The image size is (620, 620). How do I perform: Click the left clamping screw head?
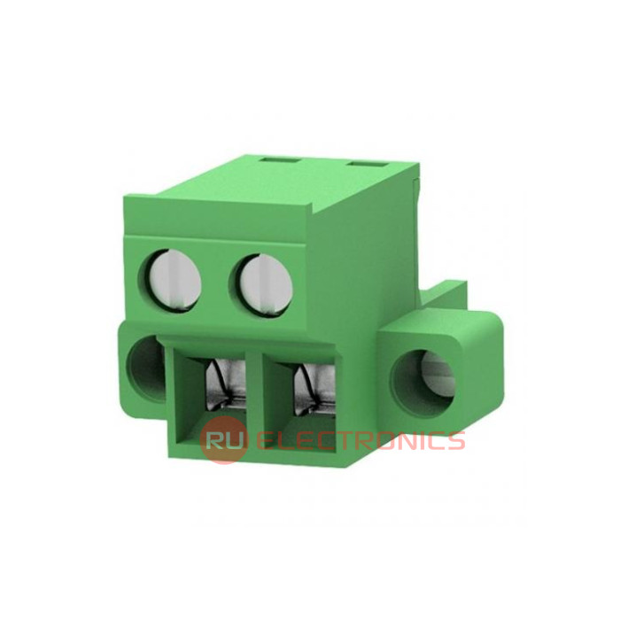[174, 281]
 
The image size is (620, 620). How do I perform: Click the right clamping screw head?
[266, 284]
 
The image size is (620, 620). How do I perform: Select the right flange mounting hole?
[422, 384]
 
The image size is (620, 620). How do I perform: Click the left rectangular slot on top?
[281, 159]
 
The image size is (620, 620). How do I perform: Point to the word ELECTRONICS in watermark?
[360, 440]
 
